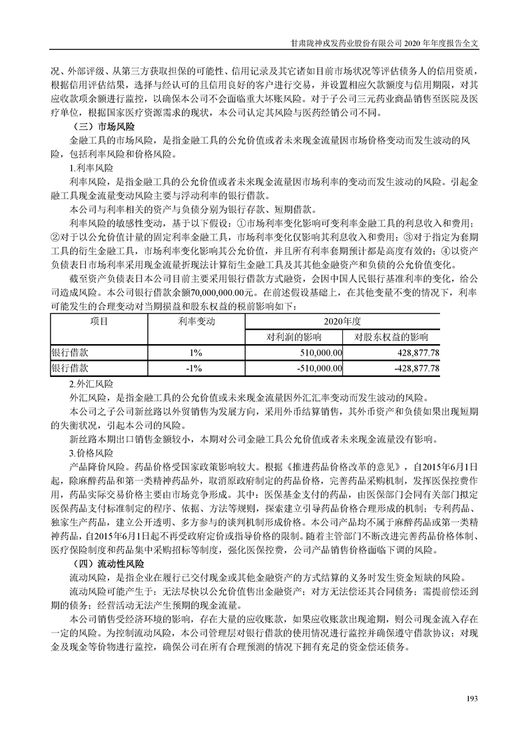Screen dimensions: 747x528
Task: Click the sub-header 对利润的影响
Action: pyautogui.click(x=293, y=336)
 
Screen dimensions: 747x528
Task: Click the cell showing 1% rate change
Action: pyautogui.click(x=194, y=352)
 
